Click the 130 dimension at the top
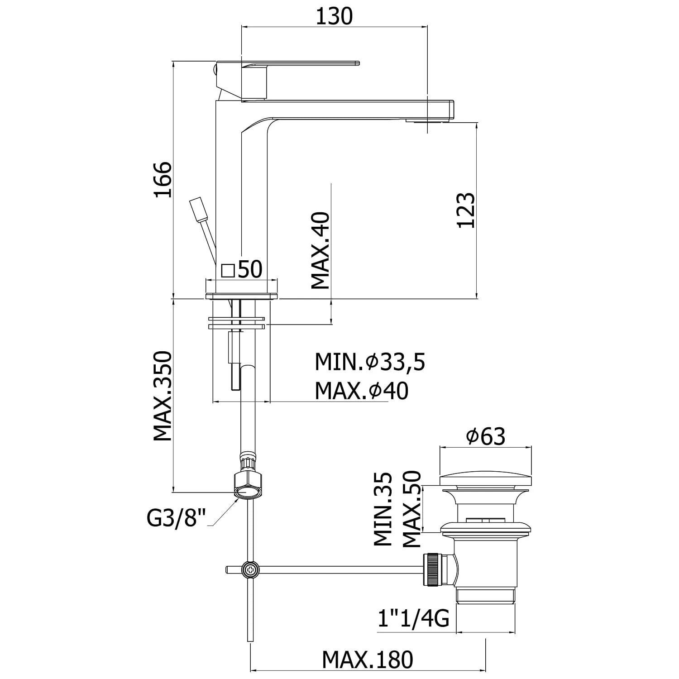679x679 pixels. [334, 17]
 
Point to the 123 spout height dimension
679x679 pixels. [466, 210]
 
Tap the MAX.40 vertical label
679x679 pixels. [320, 251]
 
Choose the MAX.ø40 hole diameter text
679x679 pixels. [361, 391]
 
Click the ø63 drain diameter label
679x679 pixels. [485, 436]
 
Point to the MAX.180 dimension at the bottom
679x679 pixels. [368, 660]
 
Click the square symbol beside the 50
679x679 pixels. [228, 271]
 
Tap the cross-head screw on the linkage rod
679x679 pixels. [250, 569]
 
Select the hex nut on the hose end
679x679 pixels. [247, 485]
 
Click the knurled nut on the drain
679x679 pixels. [432, 569]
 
